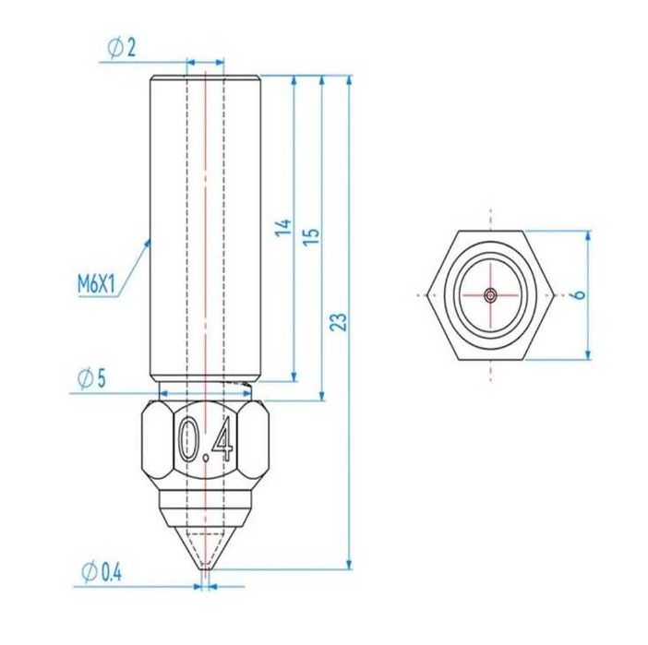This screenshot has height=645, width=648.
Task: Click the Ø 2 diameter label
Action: [121, 49]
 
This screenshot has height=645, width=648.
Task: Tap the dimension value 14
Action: [283, 227]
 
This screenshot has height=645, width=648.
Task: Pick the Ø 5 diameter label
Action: [93, 378]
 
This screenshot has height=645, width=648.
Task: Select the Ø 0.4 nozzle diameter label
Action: [102, 572]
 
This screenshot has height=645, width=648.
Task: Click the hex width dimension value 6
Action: [579, 294]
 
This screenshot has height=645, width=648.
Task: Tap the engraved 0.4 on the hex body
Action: [205, 440]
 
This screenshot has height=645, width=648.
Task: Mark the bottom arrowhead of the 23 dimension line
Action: [349, 564]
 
